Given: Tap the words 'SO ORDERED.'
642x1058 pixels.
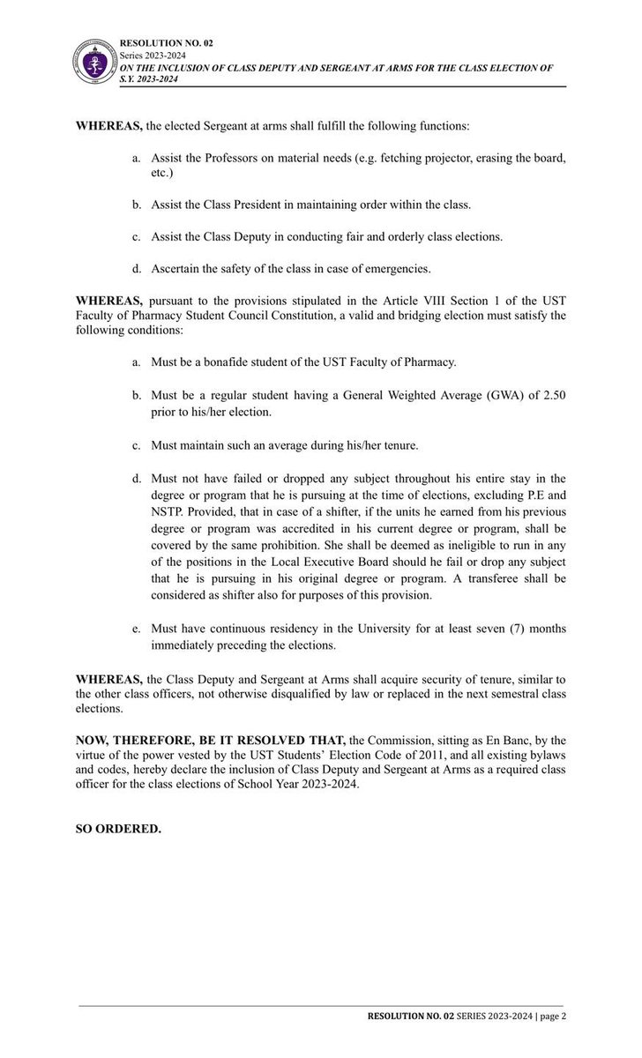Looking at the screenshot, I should click(x=118, y=829).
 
